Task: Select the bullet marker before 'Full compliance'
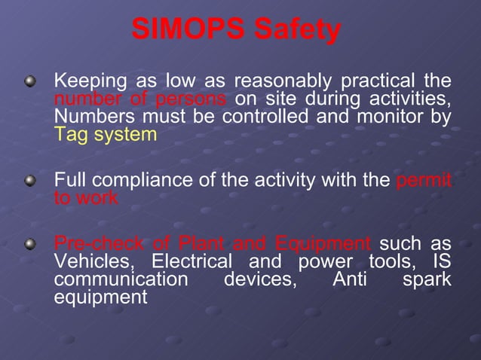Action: (29, 181)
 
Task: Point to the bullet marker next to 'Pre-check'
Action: (29, 245)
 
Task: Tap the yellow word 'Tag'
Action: (70, 135)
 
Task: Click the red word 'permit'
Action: (424, 182)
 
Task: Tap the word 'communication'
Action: (120, 280)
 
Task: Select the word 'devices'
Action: (259, 280)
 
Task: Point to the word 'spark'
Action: (427, 280)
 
